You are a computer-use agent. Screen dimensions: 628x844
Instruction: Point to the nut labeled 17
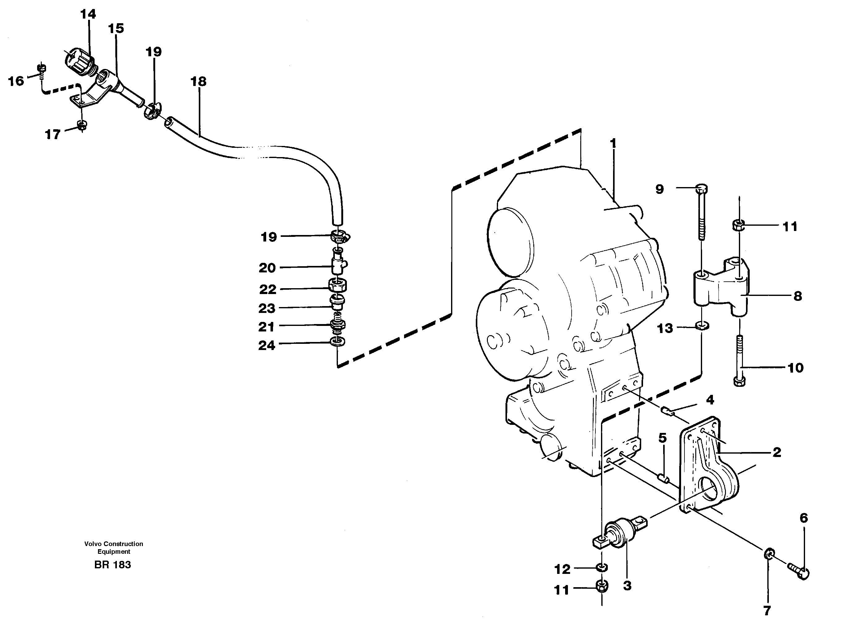(x=81, y=125)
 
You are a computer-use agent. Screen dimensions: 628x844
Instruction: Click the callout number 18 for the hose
(x=198, y=81)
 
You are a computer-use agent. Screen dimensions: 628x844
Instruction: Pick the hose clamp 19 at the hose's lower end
(x=340, y=237)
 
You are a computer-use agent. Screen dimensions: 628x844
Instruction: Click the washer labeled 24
(x=338, y=342)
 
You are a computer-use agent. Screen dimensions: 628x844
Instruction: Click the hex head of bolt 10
(x=739, y=381)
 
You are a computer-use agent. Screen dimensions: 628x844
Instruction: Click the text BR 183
(x=113, y=565)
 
